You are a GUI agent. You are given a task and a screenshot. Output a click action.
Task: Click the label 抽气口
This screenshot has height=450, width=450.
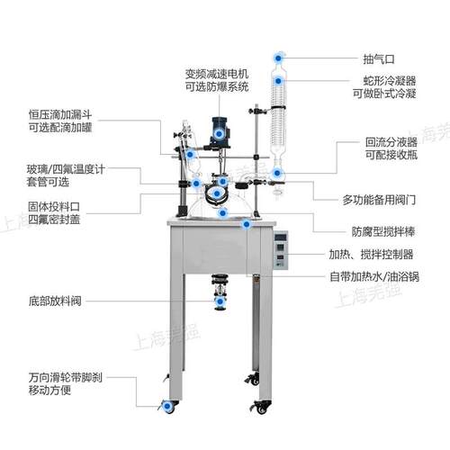point(379,59)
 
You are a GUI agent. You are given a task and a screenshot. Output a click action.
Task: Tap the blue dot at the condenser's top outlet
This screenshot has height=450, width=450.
point(278,58)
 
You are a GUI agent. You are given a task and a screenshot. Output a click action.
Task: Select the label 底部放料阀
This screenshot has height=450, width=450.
point(55,301)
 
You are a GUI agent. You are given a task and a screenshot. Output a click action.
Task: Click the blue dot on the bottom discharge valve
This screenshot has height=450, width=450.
point(220,301)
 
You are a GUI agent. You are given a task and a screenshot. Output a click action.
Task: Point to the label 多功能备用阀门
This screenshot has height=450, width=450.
point(379,200)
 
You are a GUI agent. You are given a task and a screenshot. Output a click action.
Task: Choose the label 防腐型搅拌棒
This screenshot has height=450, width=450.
point(383,231)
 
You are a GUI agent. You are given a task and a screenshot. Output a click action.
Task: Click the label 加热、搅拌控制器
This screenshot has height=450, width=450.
point(371,255)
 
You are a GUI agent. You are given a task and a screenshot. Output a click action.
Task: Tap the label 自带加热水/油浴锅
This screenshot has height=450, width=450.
point(374,276)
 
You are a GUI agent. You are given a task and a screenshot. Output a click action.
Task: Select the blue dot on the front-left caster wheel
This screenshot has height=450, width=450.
point(167,406)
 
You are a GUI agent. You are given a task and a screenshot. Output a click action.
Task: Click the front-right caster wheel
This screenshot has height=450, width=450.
point(261,408)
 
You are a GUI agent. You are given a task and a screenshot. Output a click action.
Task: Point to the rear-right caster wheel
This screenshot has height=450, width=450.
point(253,379)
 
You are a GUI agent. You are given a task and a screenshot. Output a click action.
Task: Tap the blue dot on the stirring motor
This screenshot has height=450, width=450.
point(219,134)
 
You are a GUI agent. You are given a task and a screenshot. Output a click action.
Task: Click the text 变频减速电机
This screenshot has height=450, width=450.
point(217,74)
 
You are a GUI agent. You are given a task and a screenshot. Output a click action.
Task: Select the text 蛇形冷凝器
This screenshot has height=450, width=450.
point(390,80)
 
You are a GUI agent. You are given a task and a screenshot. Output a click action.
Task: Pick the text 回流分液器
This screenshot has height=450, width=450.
point(391,142)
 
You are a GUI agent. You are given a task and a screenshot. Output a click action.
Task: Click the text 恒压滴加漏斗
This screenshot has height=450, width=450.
point(60,114)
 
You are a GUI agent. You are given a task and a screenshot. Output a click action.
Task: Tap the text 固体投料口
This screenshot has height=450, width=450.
point(54,206)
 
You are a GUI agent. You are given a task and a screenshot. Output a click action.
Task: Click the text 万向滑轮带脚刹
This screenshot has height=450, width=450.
point(66,377)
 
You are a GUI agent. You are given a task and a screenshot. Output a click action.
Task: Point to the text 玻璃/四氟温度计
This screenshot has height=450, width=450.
point(66,169)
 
